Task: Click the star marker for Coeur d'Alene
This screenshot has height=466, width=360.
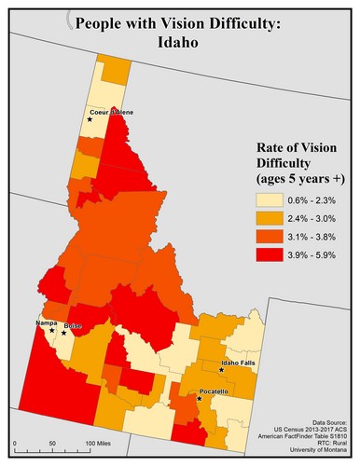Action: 90,119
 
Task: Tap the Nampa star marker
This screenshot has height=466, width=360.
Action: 51,330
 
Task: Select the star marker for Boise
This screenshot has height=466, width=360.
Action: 64,333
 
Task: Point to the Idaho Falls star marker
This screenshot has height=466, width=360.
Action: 221,370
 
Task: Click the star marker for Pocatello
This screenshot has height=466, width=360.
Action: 200,399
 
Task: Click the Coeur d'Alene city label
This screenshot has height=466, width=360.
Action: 111,112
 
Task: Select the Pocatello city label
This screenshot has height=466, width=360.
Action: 215,392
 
